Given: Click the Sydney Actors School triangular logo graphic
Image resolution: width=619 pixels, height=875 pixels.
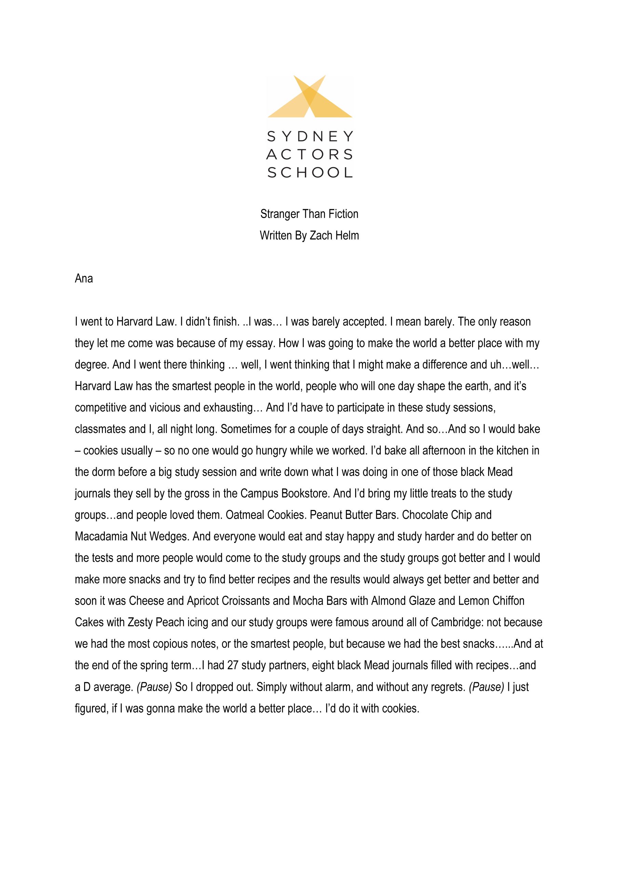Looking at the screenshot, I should (310, 97).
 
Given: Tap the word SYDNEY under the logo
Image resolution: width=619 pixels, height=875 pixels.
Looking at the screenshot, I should (310, 136).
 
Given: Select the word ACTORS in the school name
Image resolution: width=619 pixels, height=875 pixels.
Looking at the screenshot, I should (310, 154).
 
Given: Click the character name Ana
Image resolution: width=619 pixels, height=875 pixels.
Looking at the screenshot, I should (83, 279).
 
